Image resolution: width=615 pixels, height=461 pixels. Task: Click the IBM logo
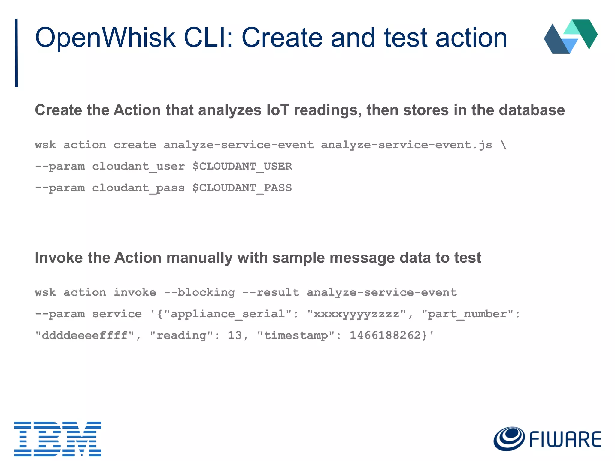coord(58,438)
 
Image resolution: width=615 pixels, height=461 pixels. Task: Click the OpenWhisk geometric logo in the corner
coord(571,36)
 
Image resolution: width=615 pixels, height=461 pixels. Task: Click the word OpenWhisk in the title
coord(105,38)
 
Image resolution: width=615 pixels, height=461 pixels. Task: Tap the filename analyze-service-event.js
coord(407,145)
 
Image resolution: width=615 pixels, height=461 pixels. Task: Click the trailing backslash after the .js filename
coord(504,145)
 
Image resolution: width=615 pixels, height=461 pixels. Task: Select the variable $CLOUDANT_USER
coord(242,166)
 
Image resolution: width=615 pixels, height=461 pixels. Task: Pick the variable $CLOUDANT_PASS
coord(242,188)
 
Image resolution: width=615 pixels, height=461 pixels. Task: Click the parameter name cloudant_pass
coord(138,188)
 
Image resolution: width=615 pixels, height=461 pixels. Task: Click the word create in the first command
coord(135,145)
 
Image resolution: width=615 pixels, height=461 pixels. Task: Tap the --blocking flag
coord(199,292)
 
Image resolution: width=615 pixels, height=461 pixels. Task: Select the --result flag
coord(271,292)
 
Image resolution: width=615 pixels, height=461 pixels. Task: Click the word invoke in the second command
coord(135,292)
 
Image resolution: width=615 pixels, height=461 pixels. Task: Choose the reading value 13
coord(235,335)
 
